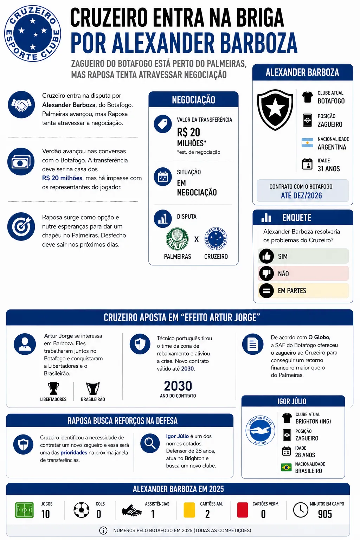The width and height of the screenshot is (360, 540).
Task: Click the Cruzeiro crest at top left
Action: [x=33, y=33]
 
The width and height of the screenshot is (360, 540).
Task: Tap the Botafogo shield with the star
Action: [x=275, y=109]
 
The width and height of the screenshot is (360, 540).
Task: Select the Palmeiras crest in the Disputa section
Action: [x=177, y=239]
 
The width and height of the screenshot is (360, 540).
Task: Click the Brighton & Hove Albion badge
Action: [x=260, y=430]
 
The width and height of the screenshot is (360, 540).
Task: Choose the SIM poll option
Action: [x=303, y=256]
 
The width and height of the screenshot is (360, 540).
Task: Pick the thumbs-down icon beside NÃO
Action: [x=266, y=274]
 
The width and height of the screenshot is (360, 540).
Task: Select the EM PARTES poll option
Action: [x=303, y=291]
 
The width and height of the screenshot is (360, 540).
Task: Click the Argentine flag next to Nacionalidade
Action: [x=307, y=143]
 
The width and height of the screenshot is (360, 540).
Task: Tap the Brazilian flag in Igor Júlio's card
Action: [x=287, y=468]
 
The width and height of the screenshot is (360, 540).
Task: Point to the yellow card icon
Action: [x=189, y=510]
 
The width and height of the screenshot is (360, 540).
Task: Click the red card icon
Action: [x=243, y=510]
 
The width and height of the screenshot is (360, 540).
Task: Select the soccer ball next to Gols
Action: [x=82, y=510]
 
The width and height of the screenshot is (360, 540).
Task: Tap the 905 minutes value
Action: [x=325, y=514]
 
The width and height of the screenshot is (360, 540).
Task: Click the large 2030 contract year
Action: [x=178, y=386]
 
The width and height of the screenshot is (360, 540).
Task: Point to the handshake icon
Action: [x=21, y=104]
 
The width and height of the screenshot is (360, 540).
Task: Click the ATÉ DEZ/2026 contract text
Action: [x=301, y=195]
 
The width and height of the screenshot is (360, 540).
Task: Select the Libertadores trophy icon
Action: [x=53, y=388]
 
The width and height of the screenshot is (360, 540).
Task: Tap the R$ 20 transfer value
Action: [x=188, y=132]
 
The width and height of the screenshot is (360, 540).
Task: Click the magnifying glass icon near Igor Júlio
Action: [x=150, y=443]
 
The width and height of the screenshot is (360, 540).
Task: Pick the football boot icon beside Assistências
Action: [x=132, y=510]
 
